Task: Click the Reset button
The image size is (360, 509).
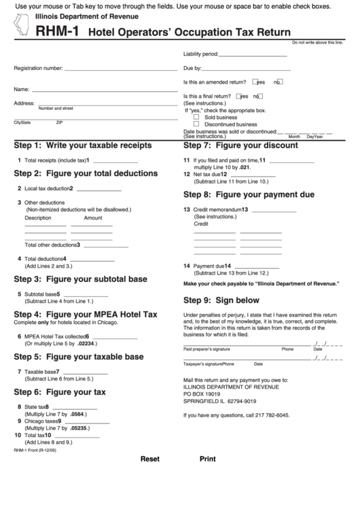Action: pos(149,478)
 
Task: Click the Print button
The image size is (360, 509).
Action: pos(207,478)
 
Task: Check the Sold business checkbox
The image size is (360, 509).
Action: pos(197,117)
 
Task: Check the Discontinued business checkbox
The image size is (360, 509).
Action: pos(197,124)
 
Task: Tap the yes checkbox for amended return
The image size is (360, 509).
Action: pos(255,82)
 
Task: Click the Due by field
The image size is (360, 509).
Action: pos(246,69)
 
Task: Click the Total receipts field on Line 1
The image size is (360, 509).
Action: pos(114,161)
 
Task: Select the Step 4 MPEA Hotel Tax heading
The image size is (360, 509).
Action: pos(86,315)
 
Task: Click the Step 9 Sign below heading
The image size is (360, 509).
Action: pos(221,300)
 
